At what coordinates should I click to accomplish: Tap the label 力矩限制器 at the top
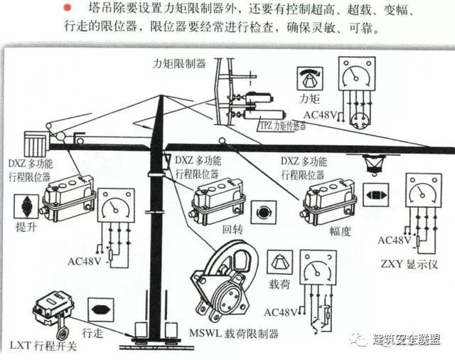click(x=179, y=63)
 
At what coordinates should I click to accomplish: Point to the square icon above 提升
click(x=28, y=207)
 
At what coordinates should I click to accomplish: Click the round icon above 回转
click(x=264, y=211)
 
